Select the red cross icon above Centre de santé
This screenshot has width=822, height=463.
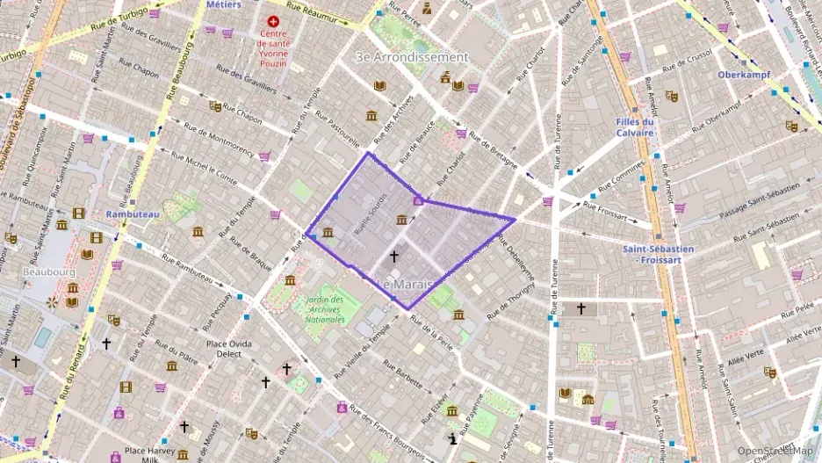point(274,20)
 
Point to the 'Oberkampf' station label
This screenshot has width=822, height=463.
point(744,75)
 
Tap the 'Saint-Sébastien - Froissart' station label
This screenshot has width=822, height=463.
point(658,254)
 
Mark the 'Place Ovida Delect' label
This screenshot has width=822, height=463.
point(223,348)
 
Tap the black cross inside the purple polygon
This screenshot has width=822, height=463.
point(393,257)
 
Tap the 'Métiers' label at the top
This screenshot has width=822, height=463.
point(223,4)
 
